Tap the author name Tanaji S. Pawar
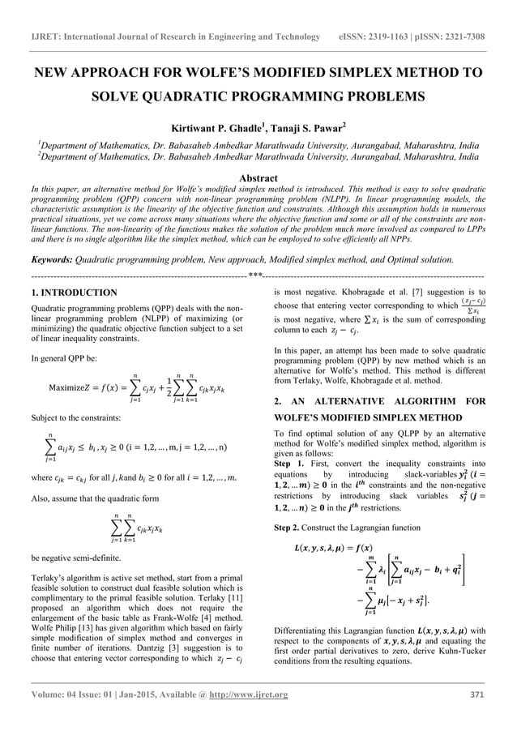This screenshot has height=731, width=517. tap(300, 127)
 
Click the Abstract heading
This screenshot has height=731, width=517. tap(258, 178)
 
